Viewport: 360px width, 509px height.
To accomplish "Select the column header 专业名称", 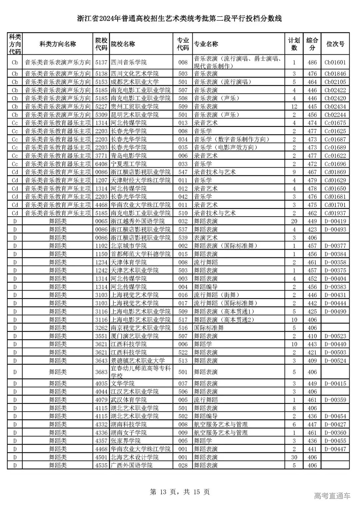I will tap(206, 44).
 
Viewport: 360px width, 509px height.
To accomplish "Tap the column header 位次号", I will tap(335, 44).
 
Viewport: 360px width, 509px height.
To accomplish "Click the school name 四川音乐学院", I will tap(128, 62).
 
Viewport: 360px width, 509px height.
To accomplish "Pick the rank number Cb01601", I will tap(335, 62).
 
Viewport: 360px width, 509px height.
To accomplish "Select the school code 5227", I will tap(101, 107).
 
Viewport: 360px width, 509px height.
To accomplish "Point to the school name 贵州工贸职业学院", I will tap(134, 107).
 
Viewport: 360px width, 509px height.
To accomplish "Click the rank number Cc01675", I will tap(335, 123).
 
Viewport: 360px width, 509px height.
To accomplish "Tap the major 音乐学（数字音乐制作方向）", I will tap(232, 139).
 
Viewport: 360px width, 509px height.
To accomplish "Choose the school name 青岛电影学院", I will tap(128, 156).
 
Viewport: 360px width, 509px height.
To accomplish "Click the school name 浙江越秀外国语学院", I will tap(137, 221).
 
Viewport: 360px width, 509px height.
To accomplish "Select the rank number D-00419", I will tap(335, 221).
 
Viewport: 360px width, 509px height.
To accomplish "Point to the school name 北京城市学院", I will tap(128, 246).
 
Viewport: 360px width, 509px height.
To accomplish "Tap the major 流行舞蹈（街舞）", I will tap(217, 295).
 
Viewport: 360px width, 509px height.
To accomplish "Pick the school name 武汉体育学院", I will tap(128, 400).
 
